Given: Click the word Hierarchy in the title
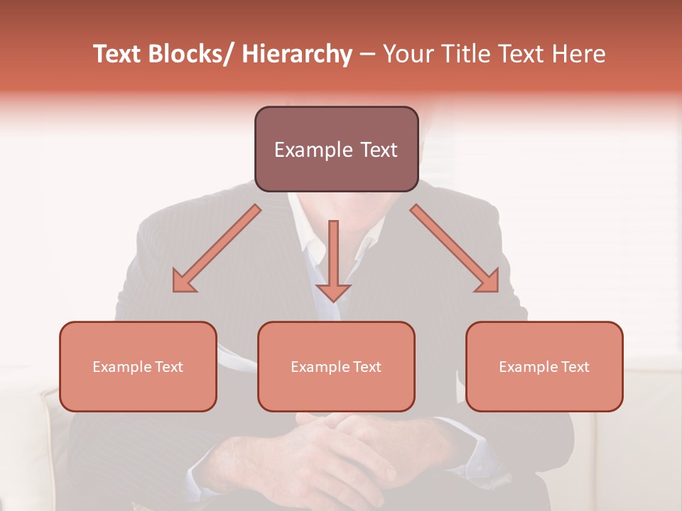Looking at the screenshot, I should [297, 55].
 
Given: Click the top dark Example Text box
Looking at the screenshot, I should [336, 149].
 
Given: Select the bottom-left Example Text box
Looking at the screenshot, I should [138, 366].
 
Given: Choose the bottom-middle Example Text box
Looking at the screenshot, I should [336, 366].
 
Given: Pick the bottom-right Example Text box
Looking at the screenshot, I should [544, 366].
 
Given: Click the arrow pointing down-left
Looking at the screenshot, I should [217, 248].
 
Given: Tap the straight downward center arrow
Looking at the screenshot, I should [333, 259].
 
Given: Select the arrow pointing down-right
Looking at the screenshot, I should [455, 248].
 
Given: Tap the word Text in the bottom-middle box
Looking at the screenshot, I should [367, 367].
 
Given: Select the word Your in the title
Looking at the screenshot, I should [407, 55].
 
